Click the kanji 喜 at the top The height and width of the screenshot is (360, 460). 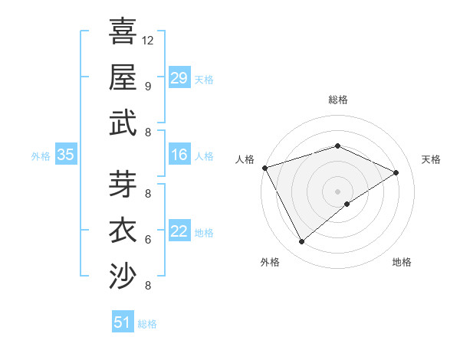click(123, 31)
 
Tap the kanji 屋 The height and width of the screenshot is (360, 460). click(123, 77)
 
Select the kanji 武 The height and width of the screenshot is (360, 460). click(123, 123)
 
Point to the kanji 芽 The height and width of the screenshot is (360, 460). click(123, 184)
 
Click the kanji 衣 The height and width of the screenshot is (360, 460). click(123, 231)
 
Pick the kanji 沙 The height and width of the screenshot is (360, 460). click(123, 277)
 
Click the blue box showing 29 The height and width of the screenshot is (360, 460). click(179, 77)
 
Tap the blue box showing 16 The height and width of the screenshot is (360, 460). click(179, 155)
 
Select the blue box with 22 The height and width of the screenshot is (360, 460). click(179, 231)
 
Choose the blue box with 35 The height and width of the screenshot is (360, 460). click(66, 155)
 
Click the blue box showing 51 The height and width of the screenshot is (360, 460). click(123, 322)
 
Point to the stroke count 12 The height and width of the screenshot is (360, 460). click(148, 40)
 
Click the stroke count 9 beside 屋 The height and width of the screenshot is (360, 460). click(148, 86)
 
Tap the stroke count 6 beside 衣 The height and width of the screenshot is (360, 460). click(148, 240)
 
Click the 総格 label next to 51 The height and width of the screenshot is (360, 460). click(147, 324)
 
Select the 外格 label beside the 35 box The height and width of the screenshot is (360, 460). click(41, 156)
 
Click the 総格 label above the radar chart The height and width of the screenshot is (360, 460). click(337, 100)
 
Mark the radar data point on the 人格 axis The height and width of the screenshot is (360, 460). click(265, 168)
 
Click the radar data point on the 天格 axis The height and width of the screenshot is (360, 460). click(396, 172)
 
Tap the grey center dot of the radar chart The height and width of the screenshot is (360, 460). click(337, 191)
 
